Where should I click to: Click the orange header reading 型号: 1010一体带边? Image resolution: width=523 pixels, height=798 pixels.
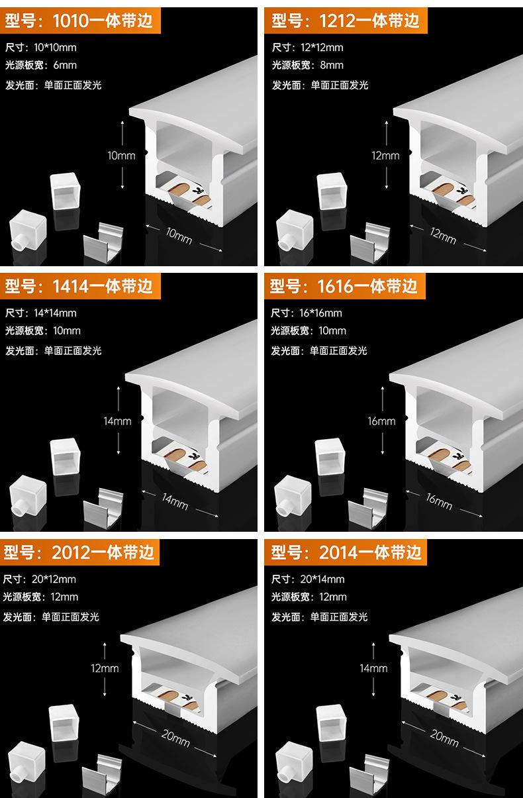79,21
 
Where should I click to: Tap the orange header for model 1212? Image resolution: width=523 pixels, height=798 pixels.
346,21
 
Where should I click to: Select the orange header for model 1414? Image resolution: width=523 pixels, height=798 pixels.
79,285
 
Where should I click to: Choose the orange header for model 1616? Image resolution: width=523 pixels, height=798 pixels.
345,286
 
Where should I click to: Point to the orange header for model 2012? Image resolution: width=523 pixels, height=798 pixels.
79,552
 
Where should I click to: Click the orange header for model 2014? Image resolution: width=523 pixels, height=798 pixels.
346,552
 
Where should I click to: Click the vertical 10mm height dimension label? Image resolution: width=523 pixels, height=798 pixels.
121,156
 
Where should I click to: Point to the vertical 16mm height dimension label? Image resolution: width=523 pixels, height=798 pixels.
381,421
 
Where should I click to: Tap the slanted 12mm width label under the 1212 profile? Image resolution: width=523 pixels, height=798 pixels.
443,235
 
